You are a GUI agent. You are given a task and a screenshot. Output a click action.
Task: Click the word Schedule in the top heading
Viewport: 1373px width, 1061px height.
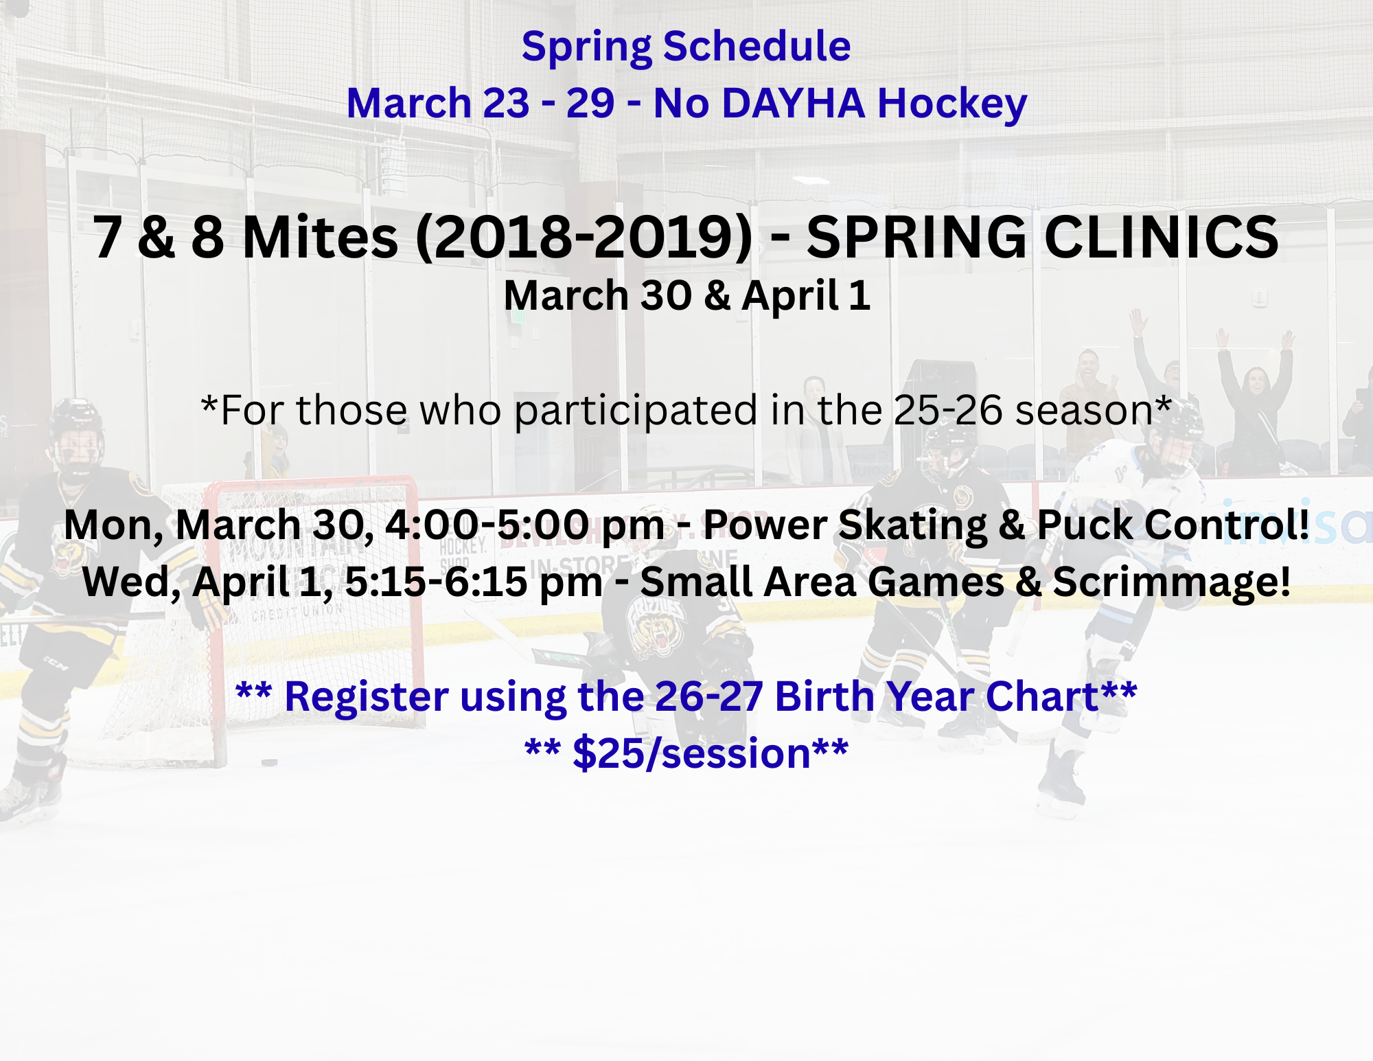[757, 47]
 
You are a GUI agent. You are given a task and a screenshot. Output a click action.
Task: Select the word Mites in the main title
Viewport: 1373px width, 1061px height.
[320, 237]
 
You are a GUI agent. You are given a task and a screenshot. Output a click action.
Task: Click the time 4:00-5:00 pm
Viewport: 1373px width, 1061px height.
[524, 525]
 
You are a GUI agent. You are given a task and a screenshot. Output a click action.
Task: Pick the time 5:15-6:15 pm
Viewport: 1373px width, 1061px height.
[474, 582]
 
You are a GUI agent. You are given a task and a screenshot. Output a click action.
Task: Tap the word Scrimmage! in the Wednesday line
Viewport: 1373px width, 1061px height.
[1171, 582]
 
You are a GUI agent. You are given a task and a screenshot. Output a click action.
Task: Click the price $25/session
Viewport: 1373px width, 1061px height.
[692, 753]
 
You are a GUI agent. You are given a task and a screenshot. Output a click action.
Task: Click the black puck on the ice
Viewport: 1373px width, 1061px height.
[269, 762]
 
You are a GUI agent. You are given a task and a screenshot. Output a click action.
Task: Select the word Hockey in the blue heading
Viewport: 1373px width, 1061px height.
[952, 104]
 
